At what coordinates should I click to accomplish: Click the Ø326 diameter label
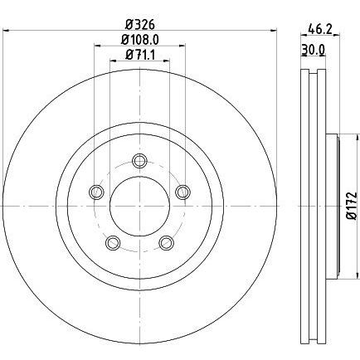139,25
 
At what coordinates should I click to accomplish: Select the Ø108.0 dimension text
140,41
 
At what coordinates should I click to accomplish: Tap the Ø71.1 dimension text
140,55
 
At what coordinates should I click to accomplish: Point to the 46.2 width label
319,29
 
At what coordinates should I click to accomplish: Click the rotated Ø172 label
353,206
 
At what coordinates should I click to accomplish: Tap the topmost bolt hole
139,161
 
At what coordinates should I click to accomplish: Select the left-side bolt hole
96,192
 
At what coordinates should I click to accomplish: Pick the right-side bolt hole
182,192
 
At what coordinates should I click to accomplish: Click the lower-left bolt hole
113,243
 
